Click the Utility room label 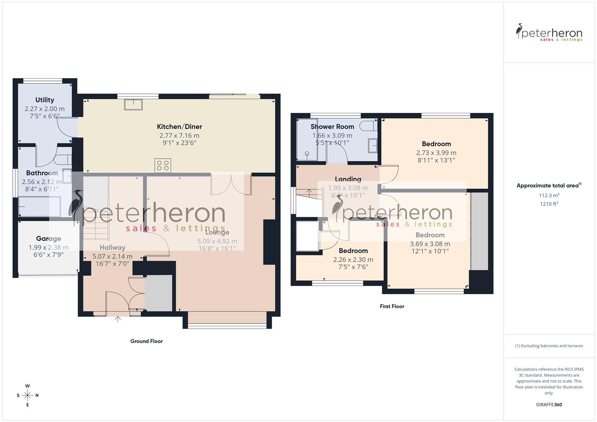tap(45, 100)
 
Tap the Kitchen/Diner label tap(179, 127)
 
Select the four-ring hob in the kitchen tap(163, 165)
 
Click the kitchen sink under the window tap(133, 105)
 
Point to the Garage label tap(48, 238)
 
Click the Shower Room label tap(332, 127)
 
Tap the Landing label tap(348, 179)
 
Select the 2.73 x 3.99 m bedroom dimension tap(436, 153)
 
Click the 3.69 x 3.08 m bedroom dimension tap(430, 244)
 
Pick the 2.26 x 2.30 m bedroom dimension tap(353, 259)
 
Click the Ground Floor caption tap(147, 341)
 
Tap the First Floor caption tap(392, 306)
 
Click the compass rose tap(27, 395)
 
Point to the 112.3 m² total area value tap(549, 195)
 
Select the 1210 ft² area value tap(549, 204)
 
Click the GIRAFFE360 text tap(549, 404)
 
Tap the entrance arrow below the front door tap(118, 319)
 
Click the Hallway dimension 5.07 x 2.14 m tap(113, 257)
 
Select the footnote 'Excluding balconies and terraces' tap(549, 346)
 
